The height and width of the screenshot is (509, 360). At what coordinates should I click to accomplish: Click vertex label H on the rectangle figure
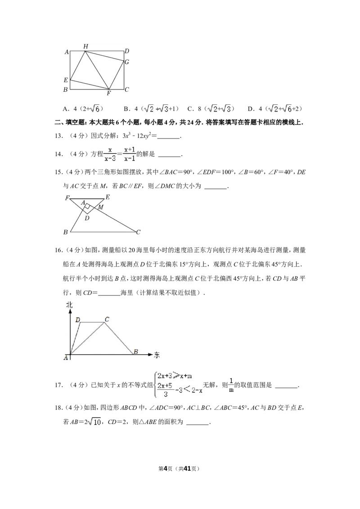click(x=86, y=46)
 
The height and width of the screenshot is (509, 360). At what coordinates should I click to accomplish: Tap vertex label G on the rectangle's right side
click(x=127, y=62)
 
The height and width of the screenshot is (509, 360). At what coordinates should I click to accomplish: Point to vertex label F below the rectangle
click(x=109, y=94)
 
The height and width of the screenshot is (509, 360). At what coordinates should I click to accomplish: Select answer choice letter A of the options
click(x=65, y=109)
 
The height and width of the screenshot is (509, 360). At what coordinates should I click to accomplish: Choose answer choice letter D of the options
click(x=250, y=109)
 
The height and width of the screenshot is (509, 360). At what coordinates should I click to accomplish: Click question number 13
click(x=59, y=136)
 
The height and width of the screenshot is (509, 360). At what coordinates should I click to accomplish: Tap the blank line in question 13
click(x=168, y=138)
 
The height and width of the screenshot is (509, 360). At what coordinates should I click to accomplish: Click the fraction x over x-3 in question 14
click(x=110, y=154)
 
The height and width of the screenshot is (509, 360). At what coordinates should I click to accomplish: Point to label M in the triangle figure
click(x=101, y=207)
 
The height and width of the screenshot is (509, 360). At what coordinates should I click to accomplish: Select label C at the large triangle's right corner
click(x=138, y=232)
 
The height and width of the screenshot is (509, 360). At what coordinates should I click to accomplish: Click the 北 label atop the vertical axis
click(x=69, y=305)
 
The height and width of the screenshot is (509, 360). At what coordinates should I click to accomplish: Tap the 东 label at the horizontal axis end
click(x=157, y=355)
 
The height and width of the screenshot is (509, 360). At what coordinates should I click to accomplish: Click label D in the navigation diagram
click(x=78, y=320)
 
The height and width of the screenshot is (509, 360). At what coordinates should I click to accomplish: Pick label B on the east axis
click(x=136, y=351)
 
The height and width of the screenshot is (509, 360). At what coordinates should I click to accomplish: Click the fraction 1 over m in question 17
click(x=231, y=385)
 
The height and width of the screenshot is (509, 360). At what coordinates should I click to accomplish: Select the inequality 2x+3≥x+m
click(x=175, y=376)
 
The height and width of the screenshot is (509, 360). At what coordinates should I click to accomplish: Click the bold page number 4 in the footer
click(x=165, y=469)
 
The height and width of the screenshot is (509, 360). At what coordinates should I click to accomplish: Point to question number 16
click(x=59, y=250)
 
